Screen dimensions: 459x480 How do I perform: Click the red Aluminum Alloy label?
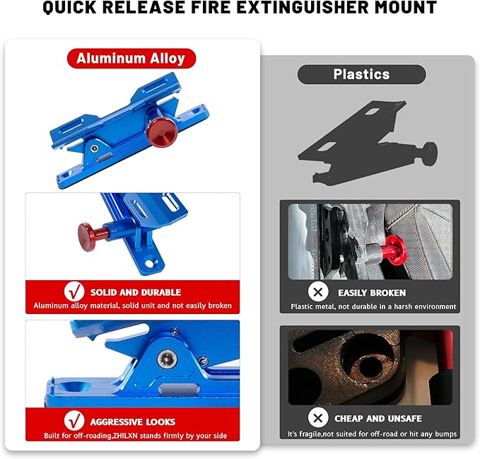coord(131,59)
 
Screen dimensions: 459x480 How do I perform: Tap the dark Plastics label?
coord(361,74)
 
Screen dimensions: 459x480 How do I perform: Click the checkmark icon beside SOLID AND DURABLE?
coord(74,291)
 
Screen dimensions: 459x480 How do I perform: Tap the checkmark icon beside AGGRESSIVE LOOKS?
coord(74,420)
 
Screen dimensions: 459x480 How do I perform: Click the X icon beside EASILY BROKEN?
coord(319,291)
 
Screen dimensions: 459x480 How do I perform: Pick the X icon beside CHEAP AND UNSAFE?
coord(319,417)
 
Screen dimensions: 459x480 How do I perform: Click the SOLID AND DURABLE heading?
coord(135,292)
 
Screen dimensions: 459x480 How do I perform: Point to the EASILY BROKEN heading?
coord(372,292)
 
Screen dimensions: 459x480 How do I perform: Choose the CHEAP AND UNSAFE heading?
coord(375,417)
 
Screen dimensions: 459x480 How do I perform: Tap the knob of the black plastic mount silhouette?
coord(428,150)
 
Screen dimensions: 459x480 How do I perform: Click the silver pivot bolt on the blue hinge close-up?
coord(168,357)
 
